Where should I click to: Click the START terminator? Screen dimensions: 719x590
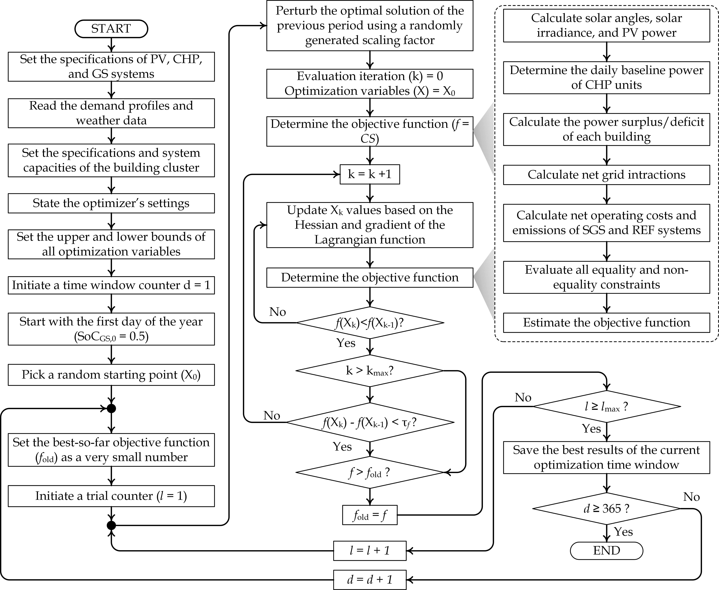[111, 29]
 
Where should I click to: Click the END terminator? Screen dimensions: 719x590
[606, 551]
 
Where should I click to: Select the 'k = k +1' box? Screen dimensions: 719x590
[370, 174]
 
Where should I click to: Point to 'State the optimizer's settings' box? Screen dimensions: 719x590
[111, 203]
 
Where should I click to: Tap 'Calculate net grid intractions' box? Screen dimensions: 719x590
[606, 175]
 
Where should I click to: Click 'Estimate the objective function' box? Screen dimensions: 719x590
[606, 322]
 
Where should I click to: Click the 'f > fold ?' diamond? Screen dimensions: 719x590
[370, 472]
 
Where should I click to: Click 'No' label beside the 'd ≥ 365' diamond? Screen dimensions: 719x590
[691, 497]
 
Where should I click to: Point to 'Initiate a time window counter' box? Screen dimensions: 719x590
[111, 285]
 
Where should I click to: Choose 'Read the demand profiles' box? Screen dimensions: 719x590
[111, 113]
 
